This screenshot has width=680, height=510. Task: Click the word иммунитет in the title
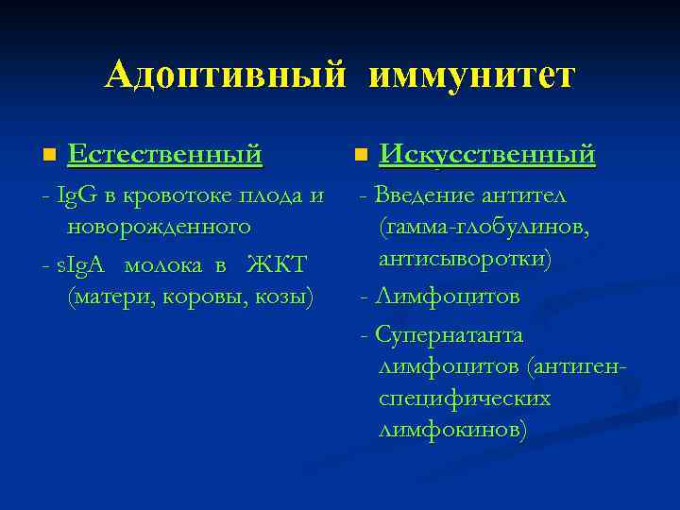pos(471,75)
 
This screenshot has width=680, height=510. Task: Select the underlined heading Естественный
pos(164,153)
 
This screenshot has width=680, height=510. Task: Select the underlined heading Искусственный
pos(486,153)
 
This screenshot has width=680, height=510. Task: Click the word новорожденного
pos(159,227)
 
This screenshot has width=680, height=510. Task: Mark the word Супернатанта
pos(449,334)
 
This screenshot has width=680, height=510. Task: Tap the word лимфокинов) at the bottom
pos(453,430)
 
